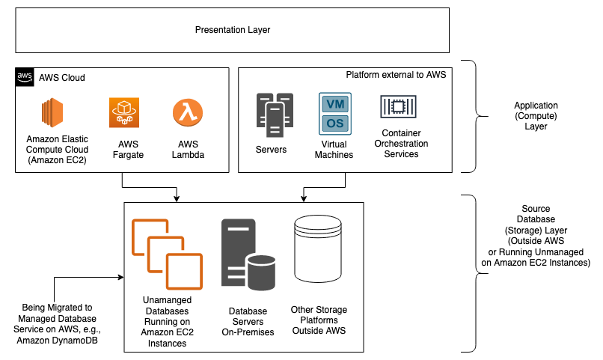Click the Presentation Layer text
tap(232, 30)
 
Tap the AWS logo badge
tap(24, 77)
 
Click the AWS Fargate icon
tap(124, 114)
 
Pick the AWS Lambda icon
tap(187, 114)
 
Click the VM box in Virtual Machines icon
tap(334, 103)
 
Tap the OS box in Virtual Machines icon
tap(334, 122)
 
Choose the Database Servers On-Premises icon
tap(246, 254)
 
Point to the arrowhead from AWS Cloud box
tap(176, 198)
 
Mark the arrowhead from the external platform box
tap(303, 198)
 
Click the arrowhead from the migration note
tap(119, 278)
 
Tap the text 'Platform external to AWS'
tap(394, 76)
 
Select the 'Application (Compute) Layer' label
tap(535, 116)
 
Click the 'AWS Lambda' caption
tap(187, 150)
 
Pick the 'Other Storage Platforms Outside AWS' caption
tap(319, 320)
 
